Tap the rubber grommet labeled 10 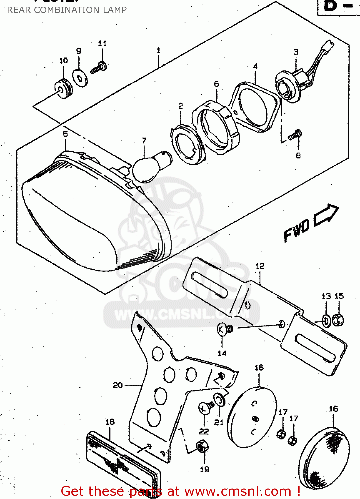pos(63,89)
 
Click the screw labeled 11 pos(99,68)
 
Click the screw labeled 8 pos(295,135)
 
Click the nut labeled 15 pos(338,320)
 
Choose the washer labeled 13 pos(326,321)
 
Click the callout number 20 pos(118,385)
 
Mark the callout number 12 pos(260,266)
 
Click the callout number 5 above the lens pos(65,134)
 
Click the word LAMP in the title pos(115,10)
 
